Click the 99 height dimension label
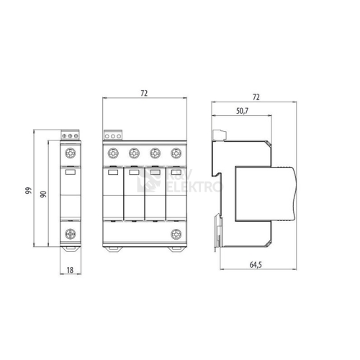[x=28, y=191]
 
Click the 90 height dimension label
[x=43, y=194]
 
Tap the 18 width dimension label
[x=70, y=270]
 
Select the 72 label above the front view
[x=144, y=93]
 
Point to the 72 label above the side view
[x=256, y=97]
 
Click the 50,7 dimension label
[x=242, y=111]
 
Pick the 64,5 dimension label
[x=256, y=265]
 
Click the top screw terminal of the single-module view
[x=71, y=153]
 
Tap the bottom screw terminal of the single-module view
[x=71, y=234]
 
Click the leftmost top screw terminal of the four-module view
[x=113, y=153]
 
